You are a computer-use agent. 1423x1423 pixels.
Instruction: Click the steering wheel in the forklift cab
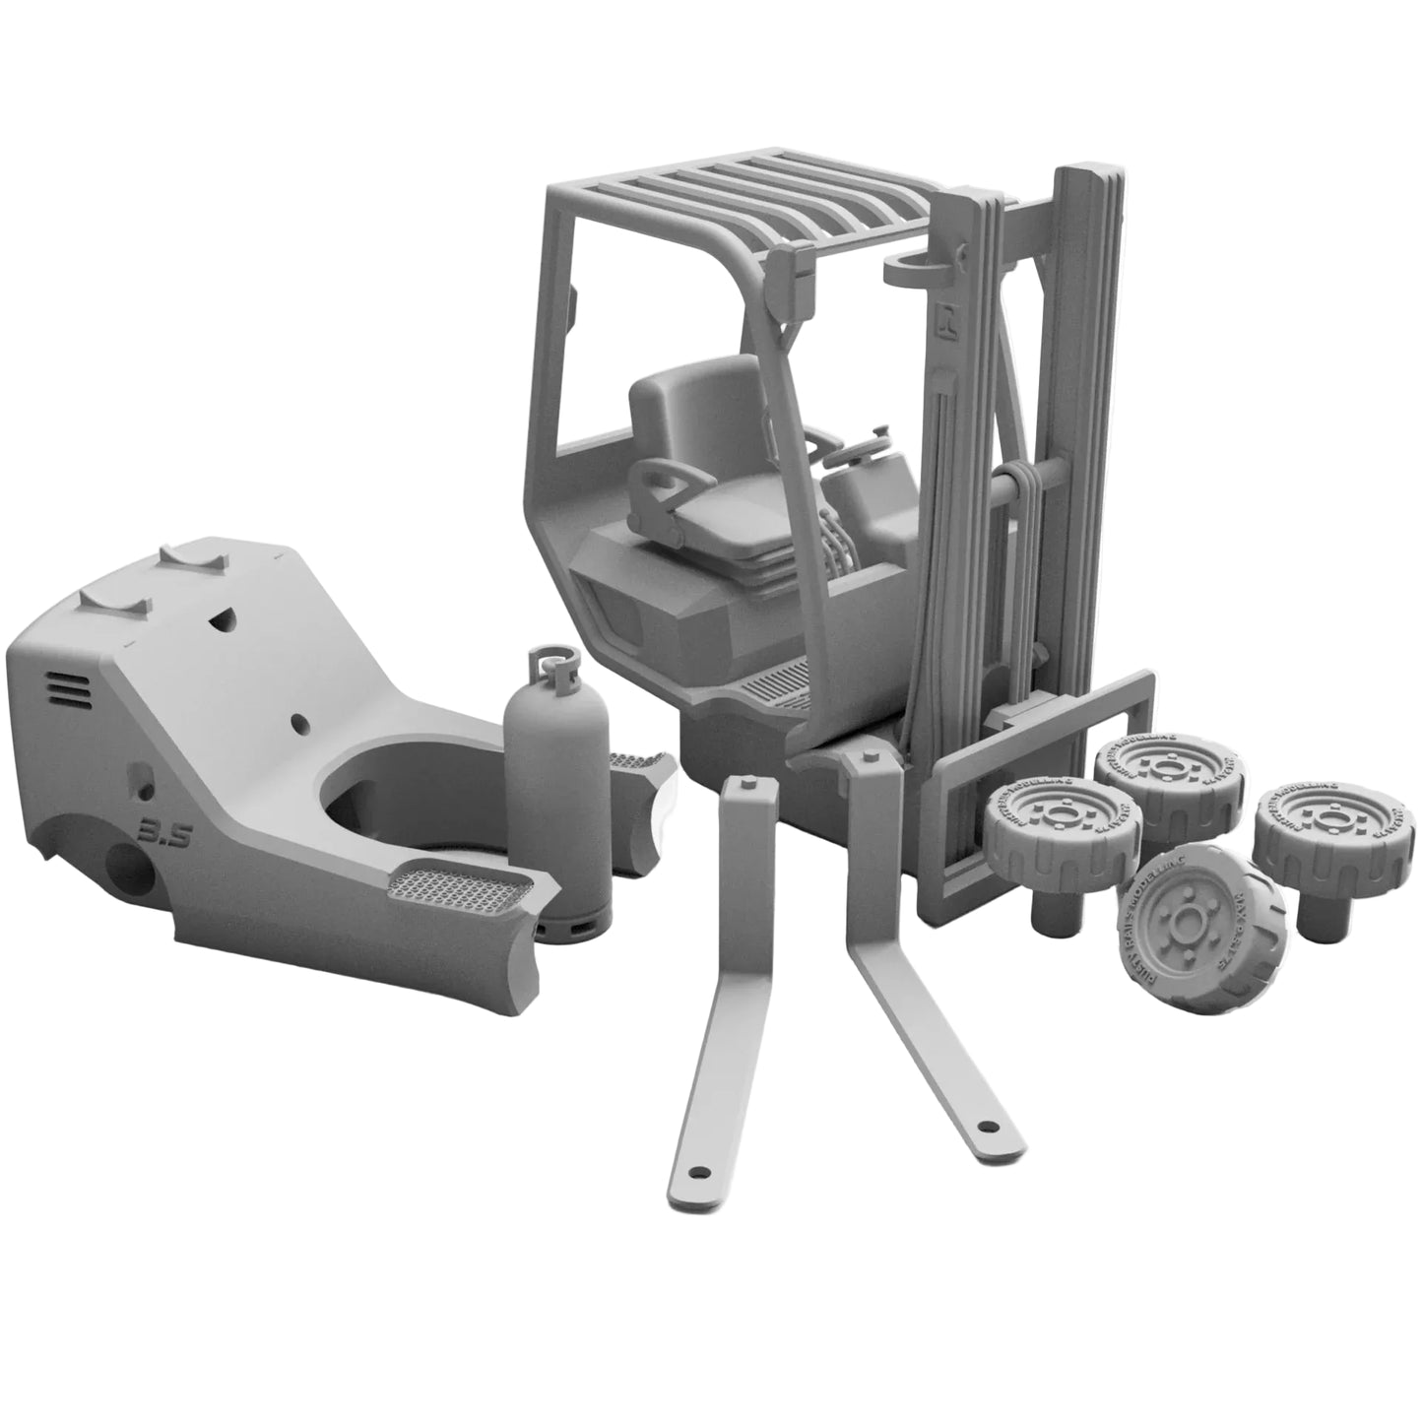click(x=859, y=452)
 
